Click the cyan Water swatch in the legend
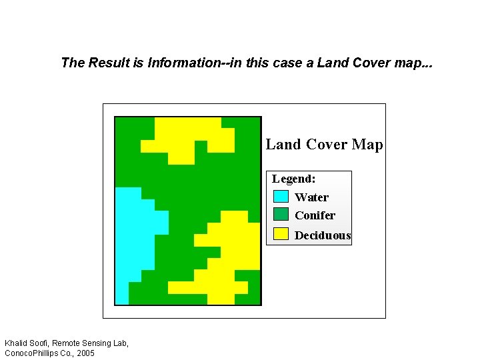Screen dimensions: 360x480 [x=281, y=197]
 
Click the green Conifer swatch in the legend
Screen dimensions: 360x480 [x=281, y=214]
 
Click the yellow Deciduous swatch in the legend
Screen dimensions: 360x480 [x=281, y=234]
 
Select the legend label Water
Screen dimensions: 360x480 [x=311, y=197]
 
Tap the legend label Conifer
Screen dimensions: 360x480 [x=315, y=215]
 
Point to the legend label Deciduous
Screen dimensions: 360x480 [x=323, y=235]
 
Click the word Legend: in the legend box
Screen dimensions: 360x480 [x=293, y=179]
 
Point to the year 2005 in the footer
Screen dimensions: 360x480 [x=85, y=353]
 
